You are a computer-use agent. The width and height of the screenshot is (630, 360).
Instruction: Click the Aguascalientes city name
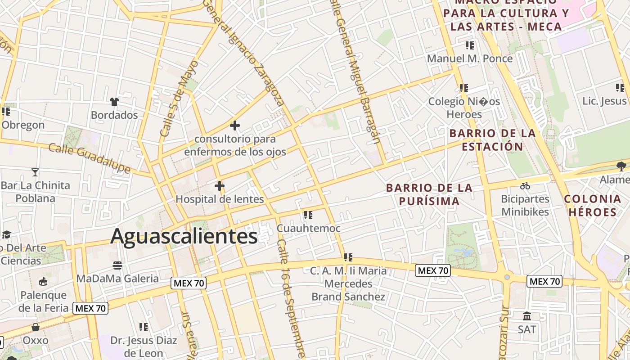click(x=184, y=236)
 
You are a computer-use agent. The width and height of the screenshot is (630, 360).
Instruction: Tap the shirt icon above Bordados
click(x=114, y=102)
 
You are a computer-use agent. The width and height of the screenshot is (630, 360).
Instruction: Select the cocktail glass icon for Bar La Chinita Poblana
click(x=35, y=172)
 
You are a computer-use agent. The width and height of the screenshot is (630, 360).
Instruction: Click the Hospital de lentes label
click(x=220, y=199)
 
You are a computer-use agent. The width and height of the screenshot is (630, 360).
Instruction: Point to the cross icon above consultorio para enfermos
click(x=234, y=126)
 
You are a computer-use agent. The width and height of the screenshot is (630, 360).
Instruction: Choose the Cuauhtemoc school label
click(x=308, y=229)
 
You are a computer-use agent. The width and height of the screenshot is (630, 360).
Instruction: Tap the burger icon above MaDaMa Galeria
click(x=117, y=265)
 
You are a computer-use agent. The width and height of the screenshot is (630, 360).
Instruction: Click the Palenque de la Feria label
click(x=43, y=301)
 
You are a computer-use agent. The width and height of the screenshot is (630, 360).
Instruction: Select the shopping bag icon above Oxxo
click(x=35, y=327)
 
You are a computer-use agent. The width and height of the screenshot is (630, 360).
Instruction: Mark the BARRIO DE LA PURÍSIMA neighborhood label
click(x=429, y=194)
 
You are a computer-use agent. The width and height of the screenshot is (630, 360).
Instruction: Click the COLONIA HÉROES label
click(x=592, y=205)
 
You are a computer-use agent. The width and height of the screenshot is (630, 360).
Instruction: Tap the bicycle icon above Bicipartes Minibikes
click(x=525, y=186)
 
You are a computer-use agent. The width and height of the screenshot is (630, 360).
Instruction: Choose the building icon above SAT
click(x=527, y=316)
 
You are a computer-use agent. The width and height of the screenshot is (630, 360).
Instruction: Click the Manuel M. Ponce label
click(x=469, y=58)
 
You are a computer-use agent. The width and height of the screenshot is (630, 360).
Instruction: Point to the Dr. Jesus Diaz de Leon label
click(x=144, y=346)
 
